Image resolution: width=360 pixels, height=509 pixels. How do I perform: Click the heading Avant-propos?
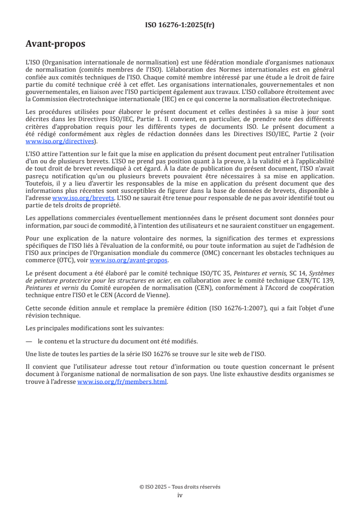tap(55, 44)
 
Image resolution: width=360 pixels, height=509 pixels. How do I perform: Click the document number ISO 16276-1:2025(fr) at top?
tap(180, 25)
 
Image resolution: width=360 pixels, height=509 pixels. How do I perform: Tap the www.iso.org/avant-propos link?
tap(129, 260)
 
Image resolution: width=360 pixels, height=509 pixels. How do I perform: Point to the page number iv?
tap(180, 495)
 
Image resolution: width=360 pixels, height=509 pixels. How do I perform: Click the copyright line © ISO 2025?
tap(180, 487)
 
